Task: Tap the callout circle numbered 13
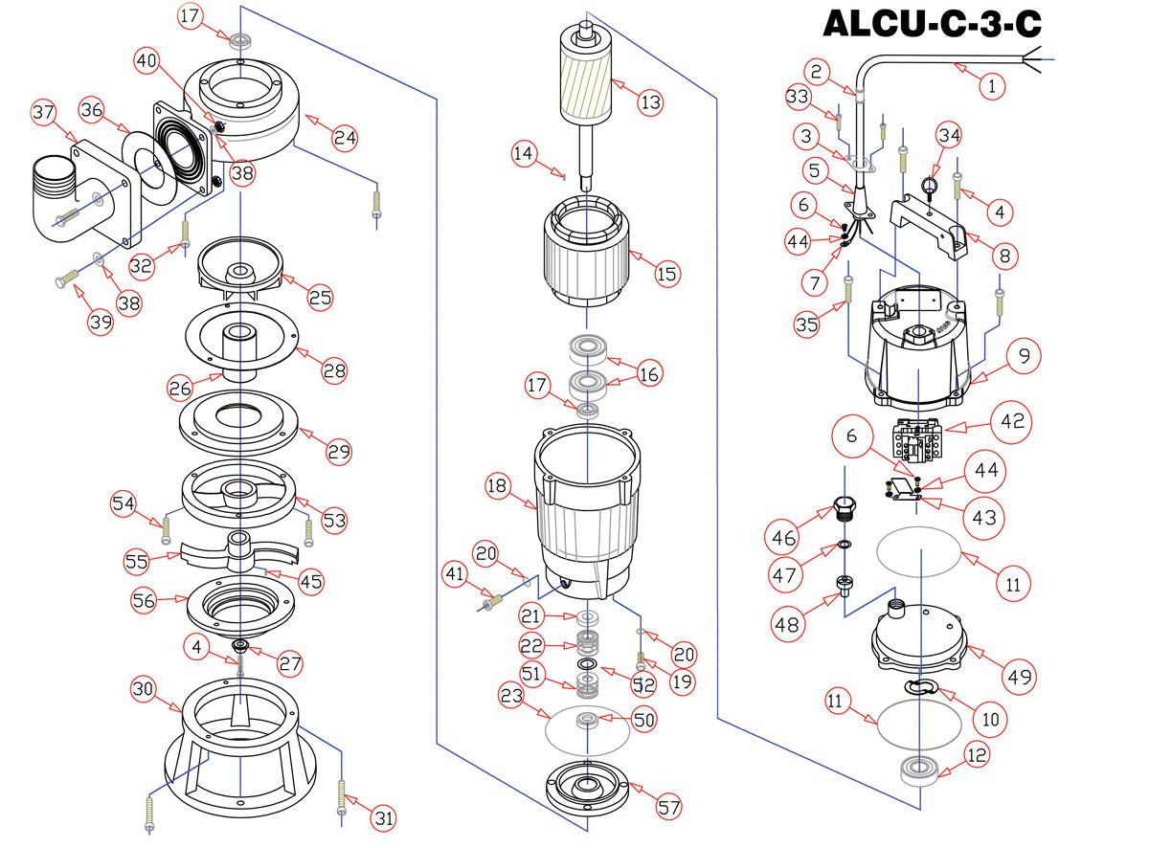pos(650,102)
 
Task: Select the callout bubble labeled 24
pos(345,138)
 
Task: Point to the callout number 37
pos(43,112)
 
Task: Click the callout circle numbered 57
pos(668,807)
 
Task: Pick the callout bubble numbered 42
pos(1011,422)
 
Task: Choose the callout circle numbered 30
pos(143,688)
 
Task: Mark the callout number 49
pos(1019,677)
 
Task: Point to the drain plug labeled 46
pos(844,508)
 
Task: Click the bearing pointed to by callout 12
pos(919,770)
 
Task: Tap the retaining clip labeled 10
pos(920,687)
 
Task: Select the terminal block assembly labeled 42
pos(917,438)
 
